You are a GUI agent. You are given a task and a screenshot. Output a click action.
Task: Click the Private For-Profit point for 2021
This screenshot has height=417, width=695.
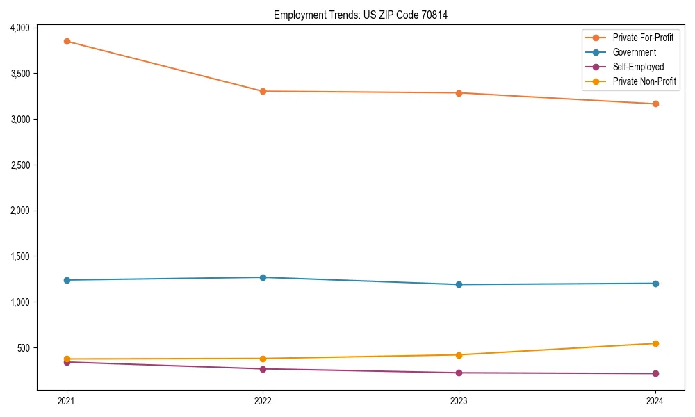67,42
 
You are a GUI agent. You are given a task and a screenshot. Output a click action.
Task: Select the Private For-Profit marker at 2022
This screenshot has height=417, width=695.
263,91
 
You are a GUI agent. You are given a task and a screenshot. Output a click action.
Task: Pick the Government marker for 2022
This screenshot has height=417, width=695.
263,277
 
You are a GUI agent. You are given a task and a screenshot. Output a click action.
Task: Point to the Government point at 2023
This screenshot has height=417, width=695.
459,284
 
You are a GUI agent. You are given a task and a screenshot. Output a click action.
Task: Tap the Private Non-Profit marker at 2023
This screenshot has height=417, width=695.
459,355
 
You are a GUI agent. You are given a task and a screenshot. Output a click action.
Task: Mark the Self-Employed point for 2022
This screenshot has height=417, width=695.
263,369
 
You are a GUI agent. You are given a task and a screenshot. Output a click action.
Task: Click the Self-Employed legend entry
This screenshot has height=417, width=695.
638,67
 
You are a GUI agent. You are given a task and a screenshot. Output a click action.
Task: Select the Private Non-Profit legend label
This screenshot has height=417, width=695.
644,81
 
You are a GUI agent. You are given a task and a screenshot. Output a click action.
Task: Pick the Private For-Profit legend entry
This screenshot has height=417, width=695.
643,38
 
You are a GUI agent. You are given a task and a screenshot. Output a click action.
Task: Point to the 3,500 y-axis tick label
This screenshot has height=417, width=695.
18,74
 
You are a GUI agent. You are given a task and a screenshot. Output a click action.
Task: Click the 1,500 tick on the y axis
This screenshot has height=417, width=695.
18,256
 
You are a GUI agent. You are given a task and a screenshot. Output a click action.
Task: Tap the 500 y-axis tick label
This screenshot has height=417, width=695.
22,348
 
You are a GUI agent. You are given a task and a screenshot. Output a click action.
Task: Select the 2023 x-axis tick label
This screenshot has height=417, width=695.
459,401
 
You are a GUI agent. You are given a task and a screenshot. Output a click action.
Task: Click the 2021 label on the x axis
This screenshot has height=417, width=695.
67,401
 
